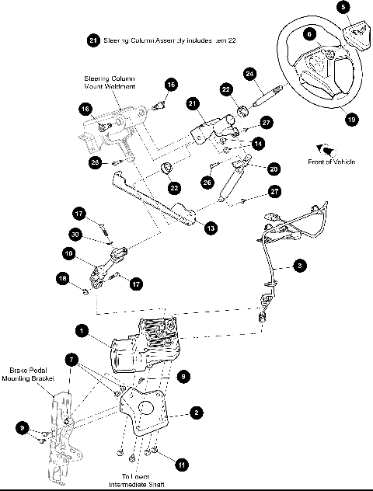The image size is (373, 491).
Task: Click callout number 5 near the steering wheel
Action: (344, 7)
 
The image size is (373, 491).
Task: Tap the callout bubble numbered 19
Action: (352, 119)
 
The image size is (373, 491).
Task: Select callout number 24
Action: (250, 74)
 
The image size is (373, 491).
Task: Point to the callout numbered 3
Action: (300, 266)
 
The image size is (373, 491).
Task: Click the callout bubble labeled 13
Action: (211, 228)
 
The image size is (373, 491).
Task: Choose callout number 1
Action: (80, 330)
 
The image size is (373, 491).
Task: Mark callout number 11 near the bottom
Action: (181, 464)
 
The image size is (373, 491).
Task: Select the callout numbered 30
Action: (75, 235)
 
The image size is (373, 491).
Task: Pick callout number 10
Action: (69, 253)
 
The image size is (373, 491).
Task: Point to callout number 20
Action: (273, 169)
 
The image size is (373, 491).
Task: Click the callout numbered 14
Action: (257, 144)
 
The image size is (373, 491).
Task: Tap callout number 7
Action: (72, 361)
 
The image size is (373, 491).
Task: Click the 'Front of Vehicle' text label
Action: (336, 160)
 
